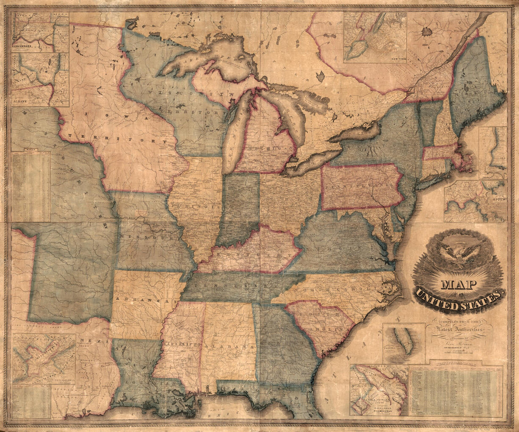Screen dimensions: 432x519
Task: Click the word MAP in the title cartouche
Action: point(458,284)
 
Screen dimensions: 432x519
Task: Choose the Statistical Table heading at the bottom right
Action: point(455,364)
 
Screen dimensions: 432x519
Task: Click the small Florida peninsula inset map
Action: point(404,342)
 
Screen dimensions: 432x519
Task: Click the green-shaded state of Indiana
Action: point(241,208)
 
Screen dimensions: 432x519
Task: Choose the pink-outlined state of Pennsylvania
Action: point(361,186)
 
